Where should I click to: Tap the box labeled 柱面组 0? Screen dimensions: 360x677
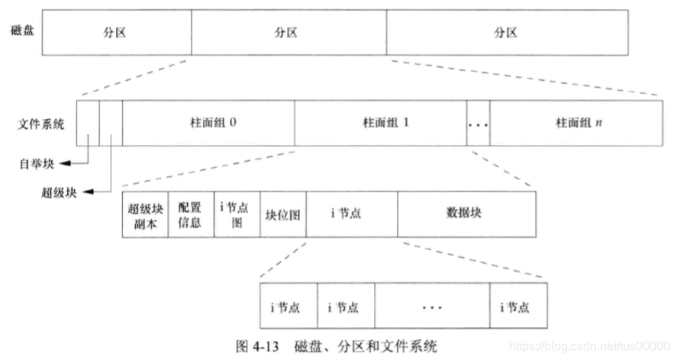click(208, 122)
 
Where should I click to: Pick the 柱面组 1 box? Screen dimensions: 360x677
click(380, 122)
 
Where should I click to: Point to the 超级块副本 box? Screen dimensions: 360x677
click(144, 214)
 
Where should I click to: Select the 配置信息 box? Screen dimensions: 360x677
click(190, 214)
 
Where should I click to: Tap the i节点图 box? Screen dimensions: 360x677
click(237, 214)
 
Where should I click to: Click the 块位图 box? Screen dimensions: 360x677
click(283, 214)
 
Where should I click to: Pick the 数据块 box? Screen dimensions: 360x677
click(466, 214)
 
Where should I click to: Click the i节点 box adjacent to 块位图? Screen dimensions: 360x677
click(351, 214)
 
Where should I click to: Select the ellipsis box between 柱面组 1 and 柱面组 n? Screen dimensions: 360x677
click(478, 122)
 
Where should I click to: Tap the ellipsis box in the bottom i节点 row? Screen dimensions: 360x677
click(432, 308)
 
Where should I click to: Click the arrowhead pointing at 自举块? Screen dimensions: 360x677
click(65, 162)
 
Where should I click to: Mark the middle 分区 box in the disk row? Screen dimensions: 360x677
click(289, 32)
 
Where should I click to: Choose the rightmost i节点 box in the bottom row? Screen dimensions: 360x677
click(519, 308)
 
